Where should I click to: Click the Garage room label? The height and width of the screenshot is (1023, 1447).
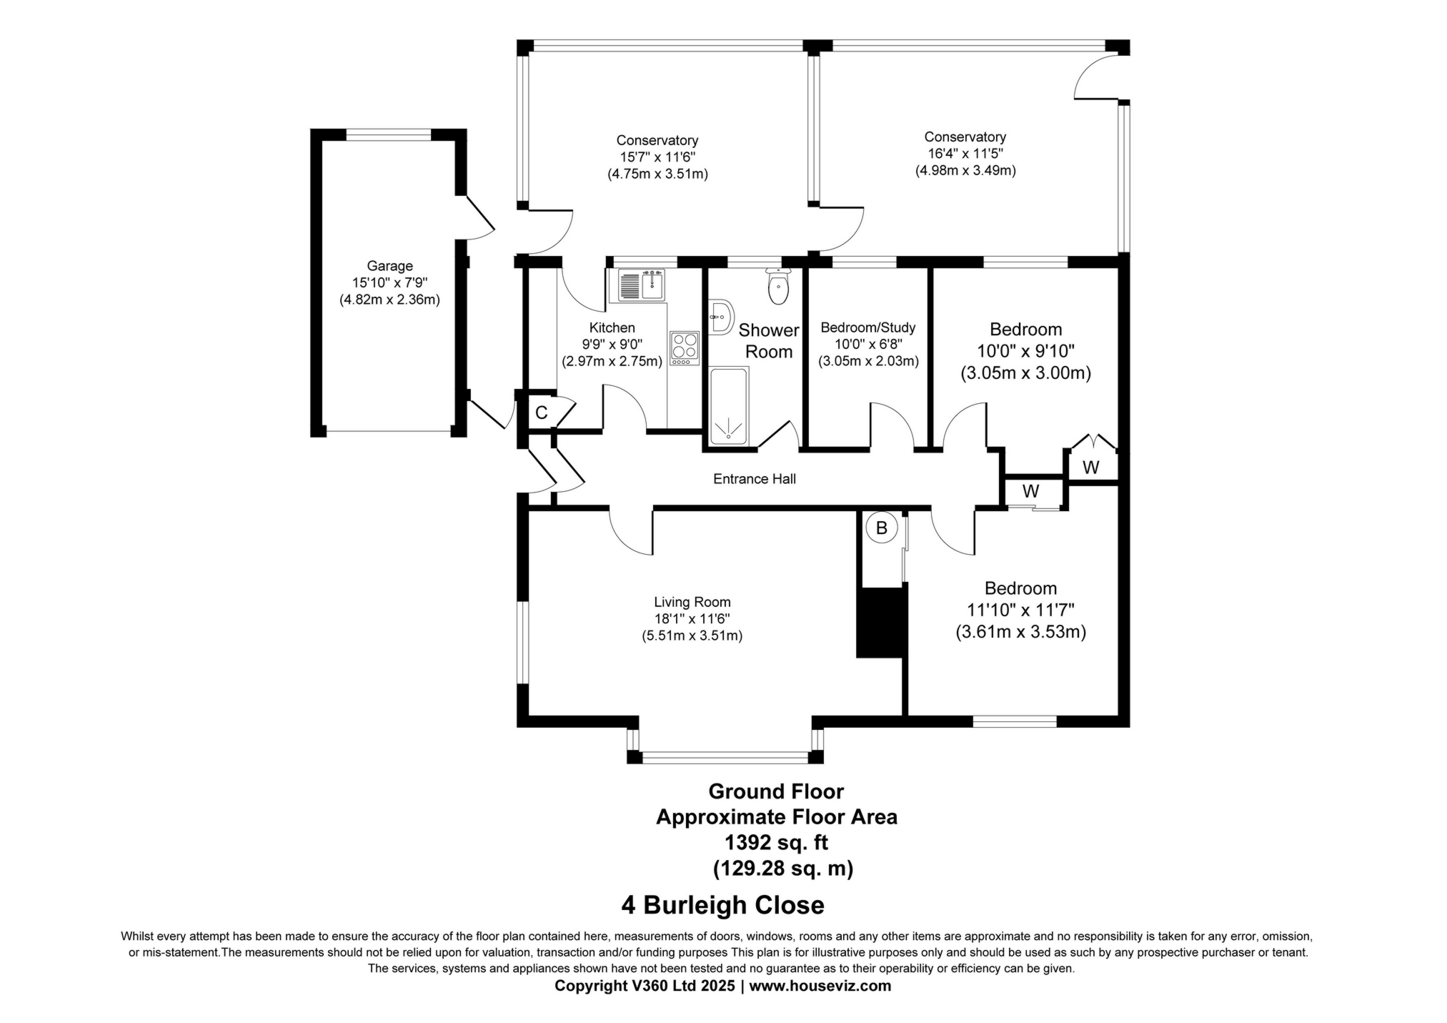389,266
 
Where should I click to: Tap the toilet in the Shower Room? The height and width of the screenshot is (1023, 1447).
777,287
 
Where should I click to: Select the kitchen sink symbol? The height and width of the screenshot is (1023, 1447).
642,285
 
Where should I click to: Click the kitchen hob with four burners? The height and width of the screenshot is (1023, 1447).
684,348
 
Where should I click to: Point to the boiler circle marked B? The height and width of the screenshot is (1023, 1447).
881,528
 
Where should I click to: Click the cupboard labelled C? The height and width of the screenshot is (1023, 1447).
541,412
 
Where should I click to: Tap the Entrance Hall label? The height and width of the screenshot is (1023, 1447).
754,479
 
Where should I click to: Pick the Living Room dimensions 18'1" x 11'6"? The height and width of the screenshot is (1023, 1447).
692,619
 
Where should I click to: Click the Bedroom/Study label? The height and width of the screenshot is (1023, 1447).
867,327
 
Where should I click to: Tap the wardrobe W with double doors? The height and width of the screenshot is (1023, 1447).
1090,467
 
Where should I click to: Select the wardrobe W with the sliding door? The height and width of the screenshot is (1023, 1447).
1030,491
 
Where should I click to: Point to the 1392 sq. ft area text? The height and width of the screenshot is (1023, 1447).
776,842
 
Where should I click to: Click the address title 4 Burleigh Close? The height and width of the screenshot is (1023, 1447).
722,905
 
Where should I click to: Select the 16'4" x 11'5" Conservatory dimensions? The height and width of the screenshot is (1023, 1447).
965,154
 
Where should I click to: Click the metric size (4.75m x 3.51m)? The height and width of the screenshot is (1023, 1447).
657,174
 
